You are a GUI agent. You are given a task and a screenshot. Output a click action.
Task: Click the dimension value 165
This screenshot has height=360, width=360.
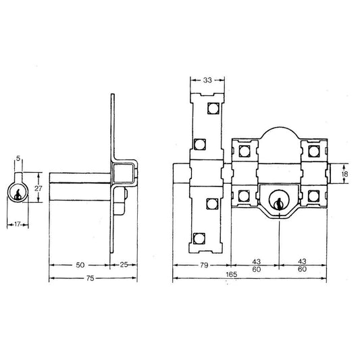[231, 274]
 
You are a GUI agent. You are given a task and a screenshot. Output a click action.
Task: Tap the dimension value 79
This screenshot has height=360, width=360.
[204, 265]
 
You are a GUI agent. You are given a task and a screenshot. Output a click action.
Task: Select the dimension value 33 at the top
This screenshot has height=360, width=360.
[207, 80]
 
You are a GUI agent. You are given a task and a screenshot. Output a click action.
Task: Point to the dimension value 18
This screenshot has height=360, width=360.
[344, 174]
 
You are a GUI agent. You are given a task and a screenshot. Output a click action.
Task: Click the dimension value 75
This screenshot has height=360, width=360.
[91, 278]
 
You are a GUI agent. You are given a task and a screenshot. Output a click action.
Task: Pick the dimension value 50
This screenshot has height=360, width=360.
[80, 265]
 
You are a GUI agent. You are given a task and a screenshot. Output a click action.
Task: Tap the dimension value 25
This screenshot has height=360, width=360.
[124, 265]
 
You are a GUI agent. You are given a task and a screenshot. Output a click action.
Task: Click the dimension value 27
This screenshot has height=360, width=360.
[38, 188]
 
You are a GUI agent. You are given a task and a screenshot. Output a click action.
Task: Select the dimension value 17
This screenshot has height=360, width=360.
[18, 224]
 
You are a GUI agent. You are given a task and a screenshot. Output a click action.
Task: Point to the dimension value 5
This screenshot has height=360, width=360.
[18, 158]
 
